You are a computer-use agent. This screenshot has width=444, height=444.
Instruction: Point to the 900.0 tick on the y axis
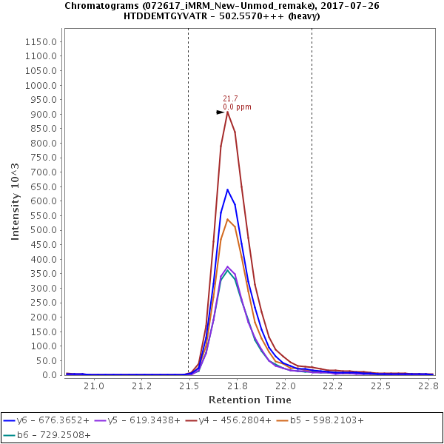42,115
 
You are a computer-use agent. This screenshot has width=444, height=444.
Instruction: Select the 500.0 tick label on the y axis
42,230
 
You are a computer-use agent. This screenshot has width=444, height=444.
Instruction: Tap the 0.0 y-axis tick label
48,375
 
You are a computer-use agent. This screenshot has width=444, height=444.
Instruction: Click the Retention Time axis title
249,400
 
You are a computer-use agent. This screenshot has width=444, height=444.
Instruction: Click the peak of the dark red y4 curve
228,111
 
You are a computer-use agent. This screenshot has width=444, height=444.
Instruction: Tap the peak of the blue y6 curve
228,189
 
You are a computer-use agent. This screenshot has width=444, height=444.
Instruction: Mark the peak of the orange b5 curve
228,219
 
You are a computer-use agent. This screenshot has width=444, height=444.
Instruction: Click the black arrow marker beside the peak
221,112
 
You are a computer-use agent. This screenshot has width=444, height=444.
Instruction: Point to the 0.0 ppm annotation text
237,107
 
